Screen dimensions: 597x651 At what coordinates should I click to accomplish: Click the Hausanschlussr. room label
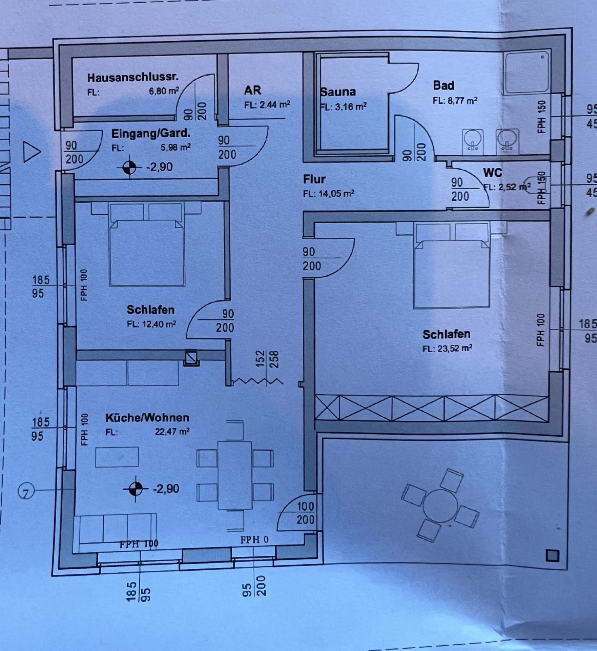pyautogui.click(x=133, y=78)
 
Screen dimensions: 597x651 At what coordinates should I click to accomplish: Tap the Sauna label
pyautogui.click(x=338, y=92)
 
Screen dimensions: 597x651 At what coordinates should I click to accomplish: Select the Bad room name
pyautogui.click(x=443, y=85)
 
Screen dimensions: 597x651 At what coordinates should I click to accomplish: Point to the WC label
pyautogui.click(x=493, y=173)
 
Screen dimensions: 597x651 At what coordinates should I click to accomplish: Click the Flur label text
pyautogui.click(x=314, y=179)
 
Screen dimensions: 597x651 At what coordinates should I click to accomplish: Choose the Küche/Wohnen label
pyautogui.click(x=147, y=417)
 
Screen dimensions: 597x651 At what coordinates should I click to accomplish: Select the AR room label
pyautogui.click(x=252, y=91)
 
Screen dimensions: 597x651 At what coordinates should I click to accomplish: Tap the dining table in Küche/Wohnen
pyautogui.click(x=235, y=475)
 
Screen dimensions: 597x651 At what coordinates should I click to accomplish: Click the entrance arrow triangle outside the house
pyautogui.click(x=32, y=152)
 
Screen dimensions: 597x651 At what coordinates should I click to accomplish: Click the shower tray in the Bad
pyautogui.click(x=527, y=73)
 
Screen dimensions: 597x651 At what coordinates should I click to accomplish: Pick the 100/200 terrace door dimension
pyautogui.click(x=305, y=513)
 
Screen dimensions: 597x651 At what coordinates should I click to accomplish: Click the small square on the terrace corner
pyautogui.click(x=552, y=556)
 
